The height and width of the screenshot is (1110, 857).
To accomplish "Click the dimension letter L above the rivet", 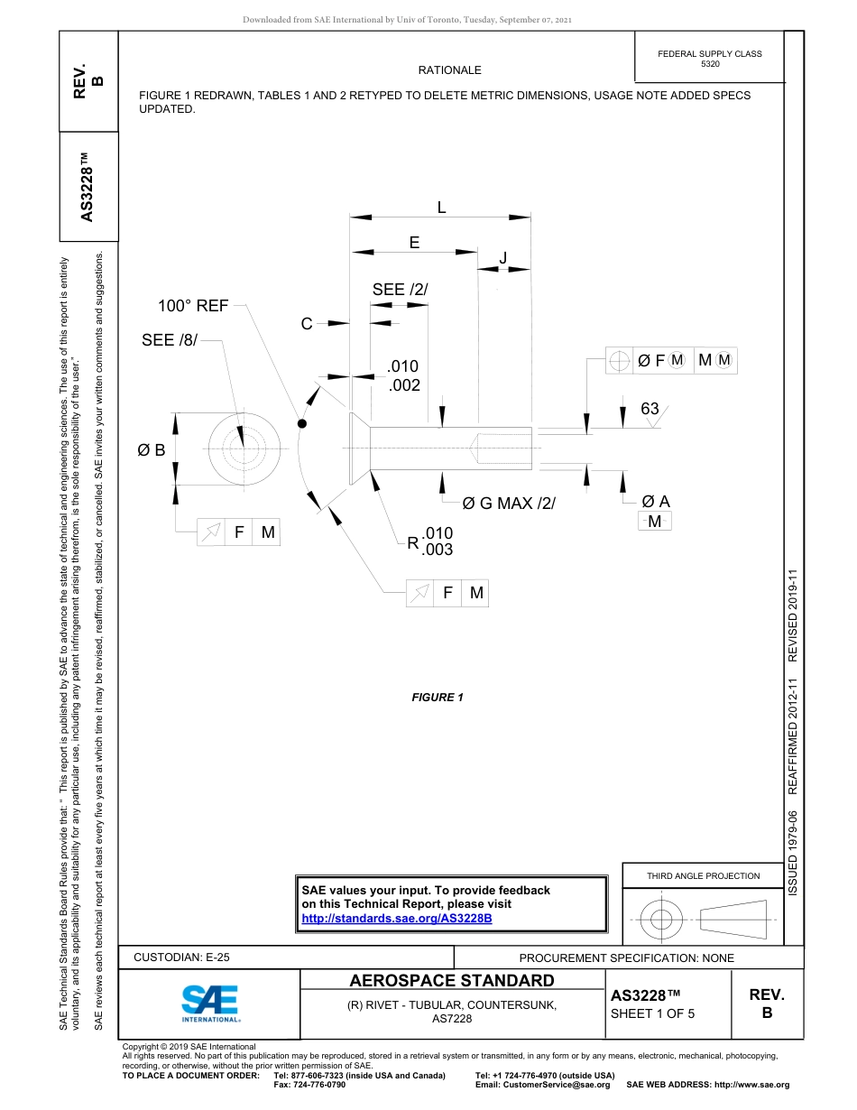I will coord(441,208).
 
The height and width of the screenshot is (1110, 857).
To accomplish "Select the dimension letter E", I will coord(414,242).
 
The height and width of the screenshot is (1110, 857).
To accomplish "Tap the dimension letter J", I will coord(502,258).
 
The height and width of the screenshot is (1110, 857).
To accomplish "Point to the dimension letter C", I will coord(307,323).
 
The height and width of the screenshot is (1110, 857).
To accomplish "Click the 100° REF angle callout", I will coord(193,306).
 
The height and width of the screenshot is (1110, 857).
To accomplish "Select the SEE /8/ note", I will coord(169,340).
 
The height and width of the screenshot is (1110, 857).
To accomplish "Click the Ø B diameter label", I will coord(151,449).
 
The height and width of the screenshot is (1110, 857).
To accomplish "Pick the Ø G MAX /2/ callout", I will coord(508,503).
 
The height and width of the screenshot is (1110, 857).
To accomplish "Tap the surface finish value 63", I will coord(650,409).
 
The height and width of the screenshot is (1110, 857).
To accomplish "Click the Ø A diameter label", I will coord(656,502).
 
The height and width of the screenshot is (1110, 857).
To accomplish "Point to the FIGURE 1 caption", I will coord(438,698).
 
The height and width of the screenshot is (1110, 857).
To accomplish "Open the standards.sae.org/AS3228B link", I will coord(396,918).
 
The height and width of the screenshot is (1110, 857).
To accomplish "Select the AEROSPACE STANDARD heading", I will coord(452,981).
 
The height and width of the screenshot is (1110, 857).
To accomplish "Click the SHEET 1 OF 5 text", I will coord(652,1013).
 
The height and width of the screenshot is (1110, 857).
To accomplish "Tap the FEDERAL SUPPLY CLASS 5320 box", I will coord(709,59).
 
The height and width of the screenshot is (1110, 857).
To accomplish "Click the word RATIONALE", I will coord(449,70).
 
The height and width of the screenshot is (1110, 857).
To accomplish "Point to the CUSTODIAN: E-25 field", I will coord(181,957).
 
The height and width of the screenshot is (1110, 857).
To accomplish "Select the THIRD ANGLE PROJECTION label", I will coord(703,875).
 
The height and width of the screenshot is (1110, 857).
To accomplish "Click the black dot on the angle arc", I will coord(302,422).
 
